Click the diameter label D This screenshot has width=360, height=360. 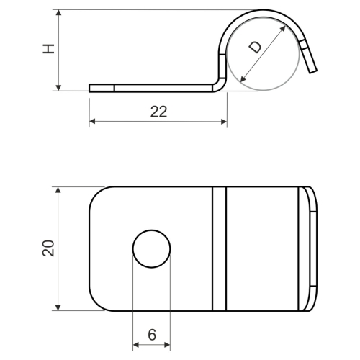coord(256,48)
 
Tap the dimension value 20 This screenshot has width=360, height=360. coord(48,248)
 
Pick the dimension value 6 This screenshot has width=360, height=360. coord(151,334)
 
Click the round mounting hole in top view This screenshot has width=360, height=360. coord(151,249)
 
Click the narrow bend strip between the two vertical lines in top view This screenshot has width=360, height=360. coord(220,249)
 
